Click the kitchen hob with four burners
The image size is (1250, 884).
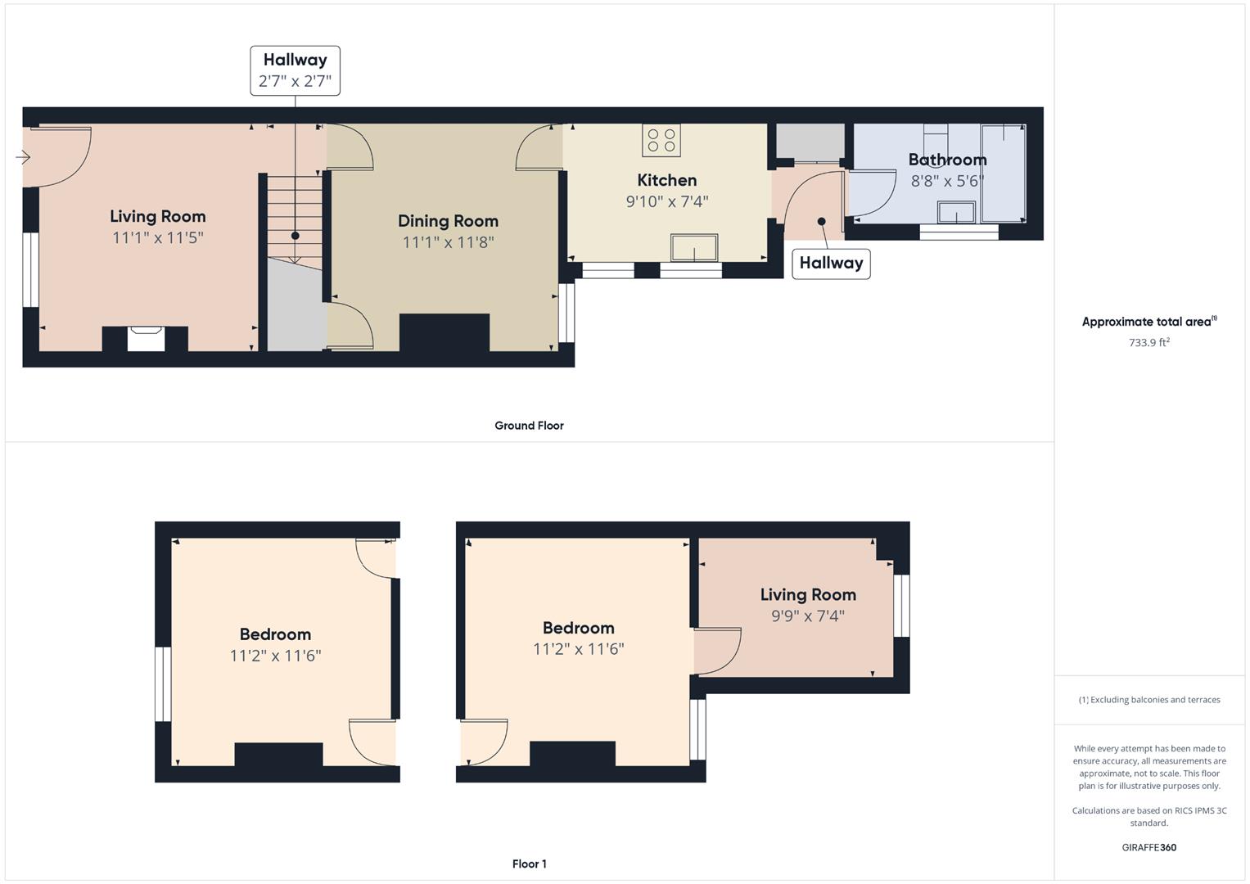click(x=661, y=140)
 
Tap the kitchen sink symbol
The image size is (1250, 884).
click(x=693, y=248)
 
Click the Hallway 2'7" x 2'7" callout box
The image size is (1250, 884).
click(x=295, y=70)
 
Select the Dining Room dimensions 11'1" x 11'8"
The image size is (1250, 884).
click(x=448, y=242)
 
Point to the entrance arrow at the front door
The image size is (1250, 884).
click(x=22, y=157)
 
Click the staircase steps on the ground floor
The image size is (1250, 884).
click(x=292, y=217)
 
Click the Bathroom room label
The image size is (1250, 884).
click(x=947, y=160)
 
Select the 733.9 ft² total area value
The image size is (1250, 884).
click(x=1148, y=343)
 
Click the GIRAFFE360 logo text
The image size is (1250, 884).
click(x=1148, y=847)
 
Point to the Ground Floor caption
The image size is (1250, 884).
click(x=529, y=426)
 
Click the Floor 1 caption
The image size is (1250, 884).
click(x=529, y=864)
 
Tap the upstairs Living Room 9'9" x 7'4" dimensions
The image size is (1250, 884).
click(x=807, y=616)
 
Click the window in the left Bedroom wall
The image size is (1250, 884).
click(x=163, y=683)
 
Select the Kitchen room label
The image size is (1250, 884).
click(x=666, y=180)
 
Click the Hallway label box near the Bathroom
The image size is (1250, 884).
click(x=831, y=263)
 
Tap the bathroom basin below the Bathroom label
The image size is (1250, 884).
click(x=955, y=212)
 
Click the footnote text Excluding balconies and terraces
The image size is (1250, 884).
click(x=1148, y=700)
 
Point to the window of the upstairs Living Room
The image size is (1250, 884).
click(x=901, y=606)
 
